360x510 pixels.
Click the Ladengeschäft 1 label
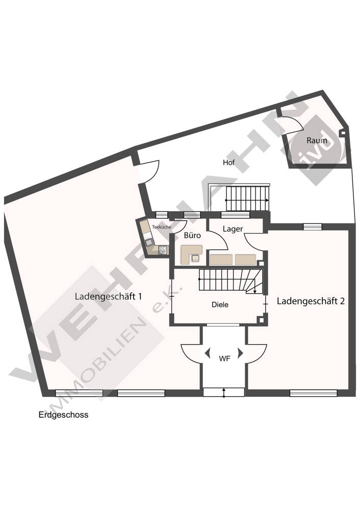tap(108, 296)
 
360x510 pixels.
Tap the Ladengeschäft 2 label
tap(311, 301)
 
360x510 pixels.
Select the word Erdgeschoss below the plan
tap(63, 415)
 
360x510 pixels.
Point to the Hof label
tap(229, 163)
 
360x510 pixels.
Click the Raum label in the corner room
tap(317, 140)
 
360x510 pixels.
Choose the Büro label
tap(192, 236)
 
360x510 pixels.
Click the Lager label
tap(233, 229)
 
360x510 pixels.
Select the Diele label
tap(220, 304)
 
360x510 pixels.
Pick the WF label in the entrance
tap(224, 358)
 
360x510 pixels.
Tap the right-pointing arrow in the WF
tap(241, 352)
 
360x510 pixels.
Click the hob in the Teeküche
tap(163, 250)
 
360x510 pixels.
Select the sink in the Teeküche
tap(149, 242)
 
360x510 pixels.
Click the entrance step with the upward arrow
tap(224, 392)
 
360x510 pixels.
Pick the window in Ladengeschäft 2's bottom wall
tap(313, 393)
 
